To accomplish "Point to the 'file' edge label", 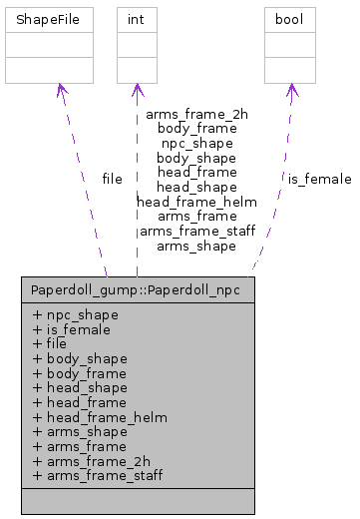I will (113, 180).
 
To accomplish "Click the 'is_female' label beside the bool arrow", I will (319, 180).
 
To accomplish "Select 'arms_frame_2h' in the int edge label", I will (196, 114).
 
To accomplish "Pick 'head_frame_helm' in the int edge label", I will (196, 202).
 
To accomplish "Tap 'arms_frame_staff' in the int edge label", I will (196, 231).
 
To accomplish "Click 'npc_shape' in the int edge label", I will (196, 143).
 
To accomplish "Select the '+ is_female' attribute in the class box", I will (71, 328).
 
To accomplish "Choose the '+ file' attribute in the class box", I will (50, 342).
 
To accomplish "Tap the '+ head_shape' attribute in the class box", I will (80, 386).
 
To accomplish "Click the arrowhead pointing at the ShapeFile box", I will (61, 91).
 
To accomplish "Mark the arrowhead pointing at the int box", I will (137, 91).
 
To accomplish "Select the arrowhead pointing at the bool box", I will (291, 91).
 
